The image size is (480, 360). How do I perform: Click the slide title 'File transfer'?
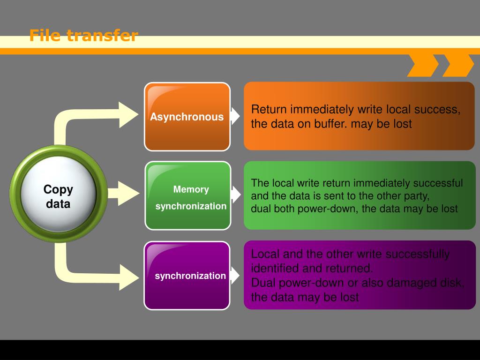pos(83,35)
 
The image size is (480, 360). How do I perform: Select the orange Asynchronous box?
pos(187,117)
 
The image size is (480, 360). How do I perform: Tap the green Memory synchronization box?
pos(187,195)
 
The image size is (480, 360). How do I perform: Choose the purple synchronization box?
pos(187,276)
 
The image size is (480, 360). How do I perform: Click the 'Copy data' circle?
pos(58,194)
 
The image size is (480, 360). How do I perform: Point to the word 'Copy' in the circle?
pos(58,189)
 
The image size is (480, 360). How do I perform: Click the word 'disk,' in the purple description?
pos(451,283)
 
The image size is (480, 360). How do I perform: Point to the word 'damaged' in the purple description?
pos(412,283)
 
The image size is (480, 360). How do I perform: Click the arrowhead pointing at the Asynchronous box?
pos(128,115)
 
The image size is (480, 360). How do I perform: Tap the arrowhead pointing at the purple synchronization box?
pos(129,277)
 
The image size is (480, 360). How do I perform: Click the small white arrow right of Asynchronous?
pos(235,116)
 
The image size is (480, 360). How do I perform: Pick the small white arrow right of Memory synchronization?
pos(236,195)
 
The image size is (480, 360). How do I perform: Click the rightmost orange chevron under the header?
pos(458,66)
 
